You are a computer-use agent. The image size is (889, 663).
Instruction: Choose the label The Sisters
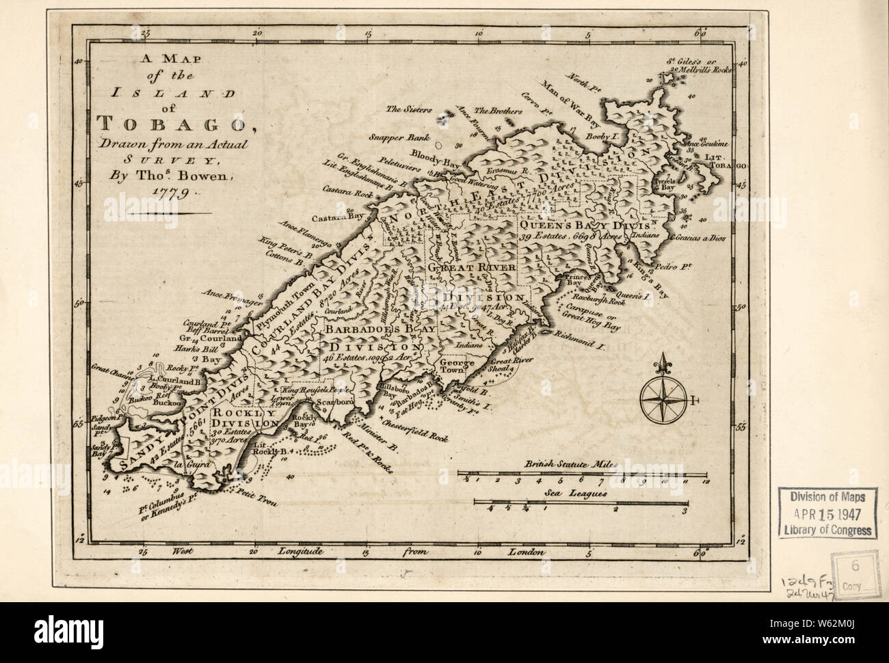point(405,109)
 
